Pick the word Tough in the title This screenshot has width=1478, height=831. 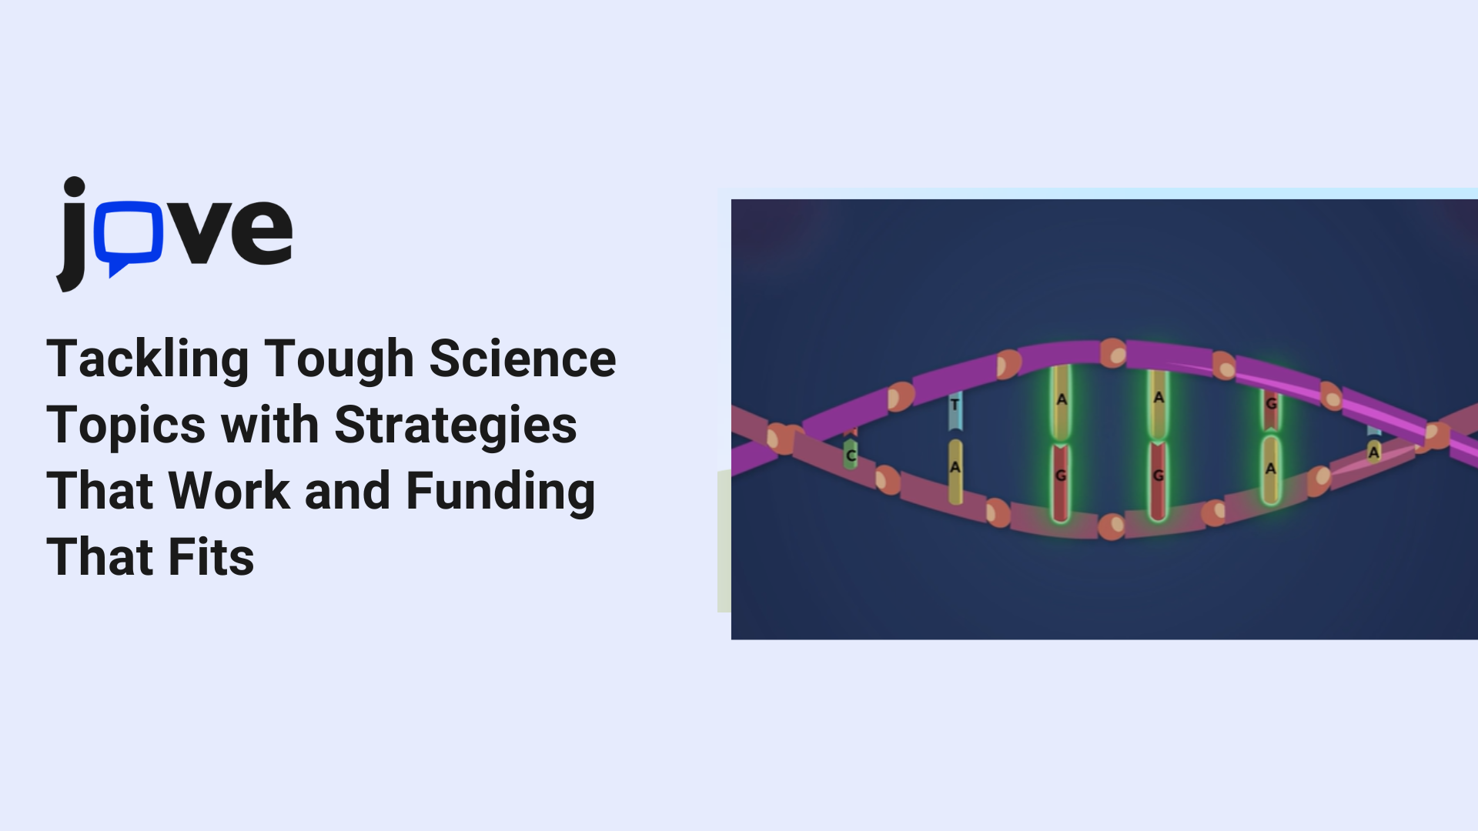pyautogui.click(x=339, y=360)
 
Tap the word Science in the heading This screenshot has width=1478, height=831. pyautogui.click(x=523, y=359)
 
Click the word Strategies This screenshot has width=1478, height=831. pyautogui.click(x=456, y=426)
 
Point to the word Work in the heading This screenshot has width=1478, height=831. pyautogui.click(x=229, y=491)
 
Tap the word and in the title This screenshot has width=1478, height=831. pyautogui.click(x=348, y=491)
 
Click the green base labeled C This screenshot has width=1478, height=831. pyautogui.click(x=851, y=455)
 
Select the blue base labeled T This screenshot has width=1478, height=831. pyautogui.click(x=955, y=411)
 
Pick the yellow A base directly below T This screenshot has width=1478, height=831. pyautogui.click(x=955, y=471)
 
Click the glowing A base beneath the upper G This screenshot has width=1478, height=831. pyautogui.click(x=1271, y=469)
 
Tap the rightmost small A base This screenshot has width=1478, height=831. pyautogui.click(x=1374, y=452)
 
